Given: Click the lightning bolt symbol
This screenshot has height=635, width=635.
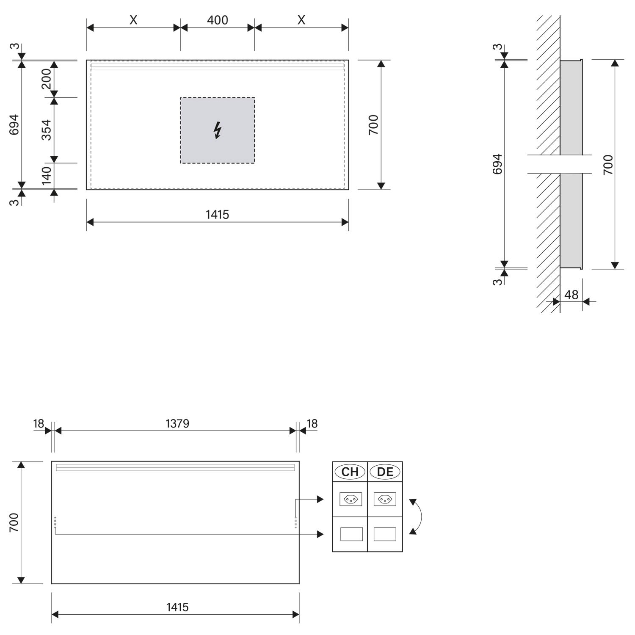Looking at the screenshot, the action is tap(218, 130).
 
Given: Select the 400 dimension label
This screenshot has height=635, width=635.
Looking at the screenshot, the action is tap(218, 20).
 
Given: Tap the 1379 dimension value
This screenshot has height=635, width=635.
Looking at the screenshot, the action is tap(177, 423).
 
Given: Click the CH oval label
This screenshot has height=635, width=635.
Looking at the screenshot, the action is tap(350, 472).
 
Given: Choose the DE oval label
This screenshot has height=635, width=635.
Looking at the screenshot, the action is tap(385, 472).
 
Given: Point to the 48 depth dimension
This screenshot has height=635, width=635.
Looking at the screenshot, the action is tap(571, 295).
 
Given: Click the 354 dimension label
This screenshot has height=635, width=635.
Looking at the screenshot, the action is tap(46, 130).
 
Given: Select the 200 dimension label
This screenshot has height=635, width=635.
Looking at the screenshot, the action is tap(46, 79).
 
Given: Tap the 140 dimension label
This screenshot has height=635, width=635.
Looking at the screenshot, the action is tap(46, 175).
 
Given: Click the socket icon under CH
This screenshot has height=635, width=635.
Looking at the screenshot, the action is tap(351, 499).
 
